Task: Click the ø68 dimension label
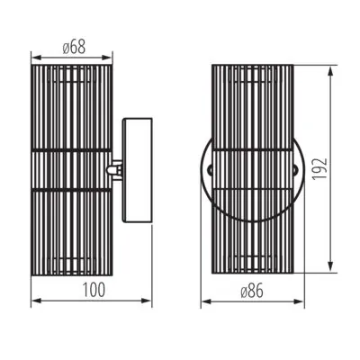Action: [74, 47]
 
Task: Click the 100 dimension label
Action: [94, 290]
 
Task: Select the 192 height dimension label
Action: [319, 168]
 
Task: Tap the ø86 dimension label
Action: [252, 291]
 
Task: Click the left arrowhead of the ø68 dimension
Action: [36, 58]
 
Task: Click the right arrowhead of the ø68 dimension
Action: [107, 58]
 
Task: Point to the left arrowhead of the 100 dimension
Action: [36, 301]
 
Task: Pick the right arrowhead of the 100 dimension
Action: [147, 301]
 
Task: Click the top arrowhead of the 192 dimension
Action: [330, 71]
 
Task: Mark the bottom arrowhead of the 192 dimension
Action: [330, 267]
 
